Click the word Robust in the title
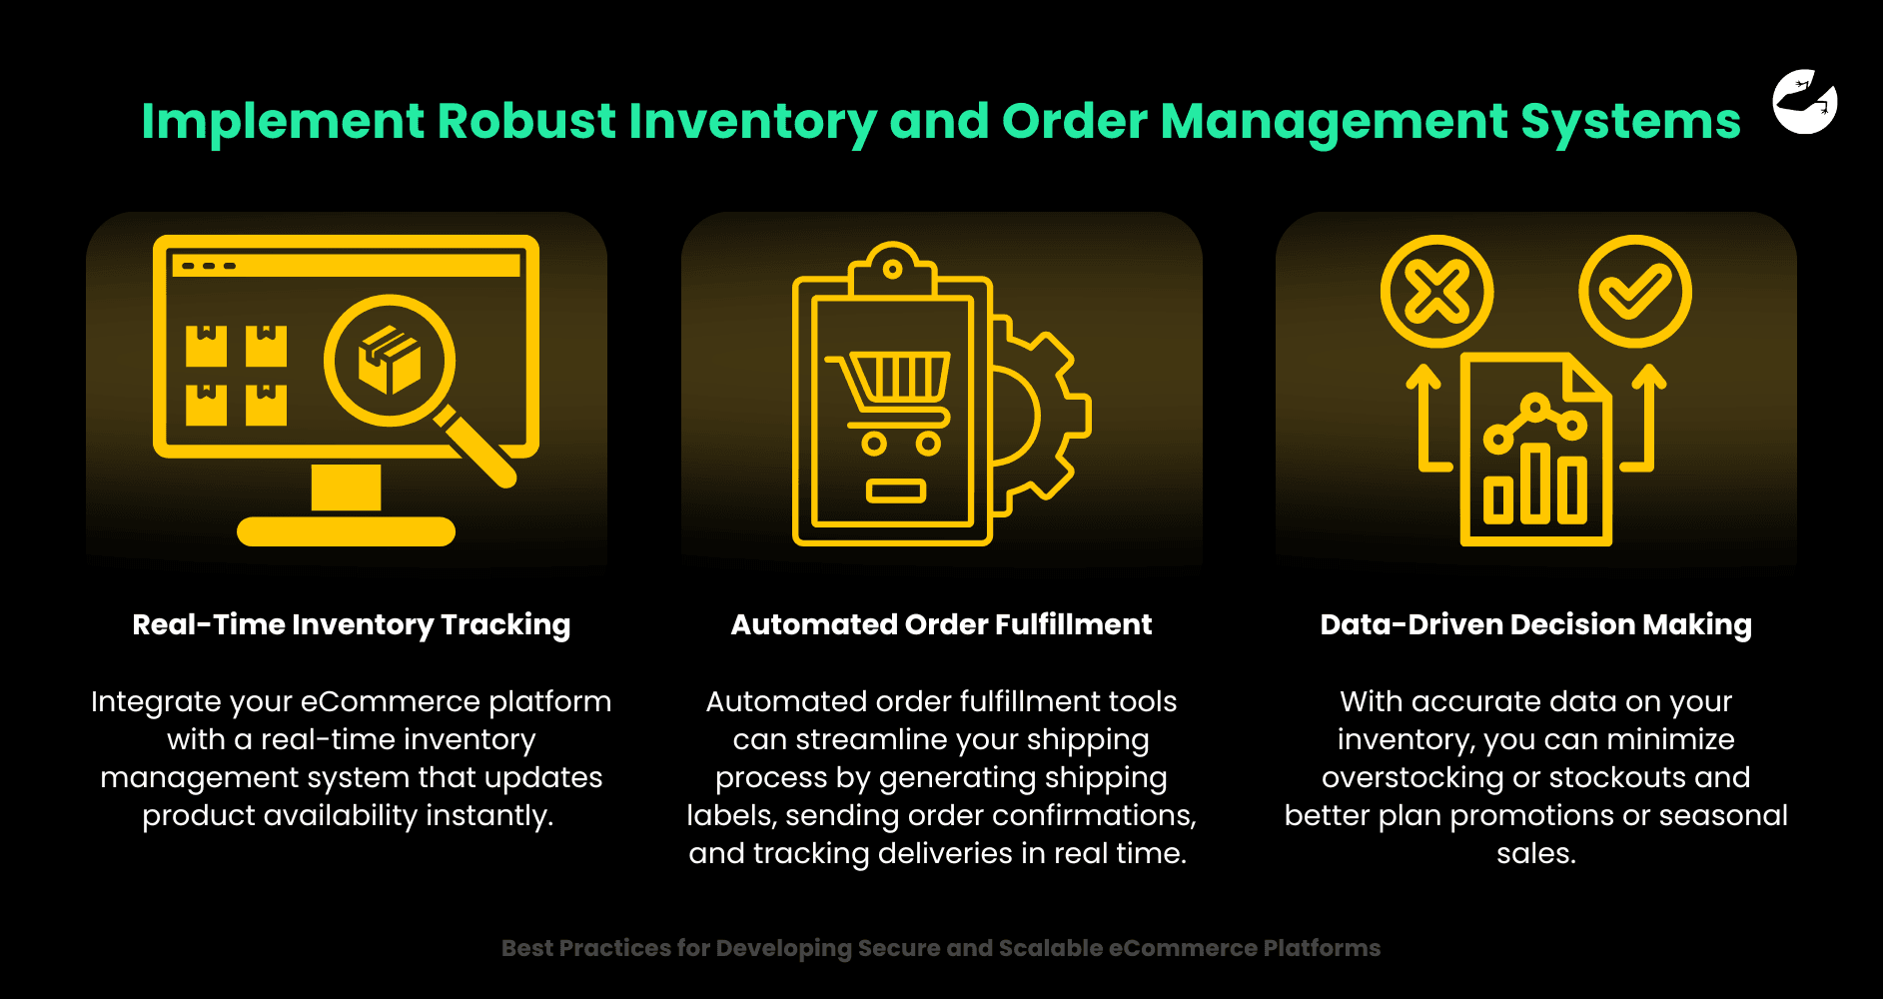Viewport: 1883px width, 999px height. [526, 121]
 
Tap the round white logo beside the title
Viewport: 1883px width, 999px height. [1805, 101]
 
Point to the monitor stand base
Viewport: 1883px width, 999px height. [346, 531]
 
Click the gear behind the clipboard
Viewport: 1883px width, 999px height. [1039, 416]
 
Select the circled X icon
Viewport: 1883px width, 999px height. [1436, 292]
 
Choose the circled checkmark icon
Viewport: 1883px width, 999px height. [1634, 292]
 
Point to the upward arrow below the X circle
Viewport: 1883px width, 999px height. [1427, 418]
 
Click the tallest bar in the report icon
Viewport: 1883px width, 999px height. [1535, 484]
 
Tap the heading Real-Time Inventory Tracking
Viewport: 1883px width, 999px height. [352, 624]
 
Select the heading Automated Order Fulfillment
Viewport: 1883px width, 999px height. [941, 624]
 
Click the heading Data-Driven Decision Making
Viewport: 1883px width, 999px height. [1535, 624]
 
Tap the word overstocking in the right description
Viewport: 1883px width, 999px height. [1412, 777]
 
